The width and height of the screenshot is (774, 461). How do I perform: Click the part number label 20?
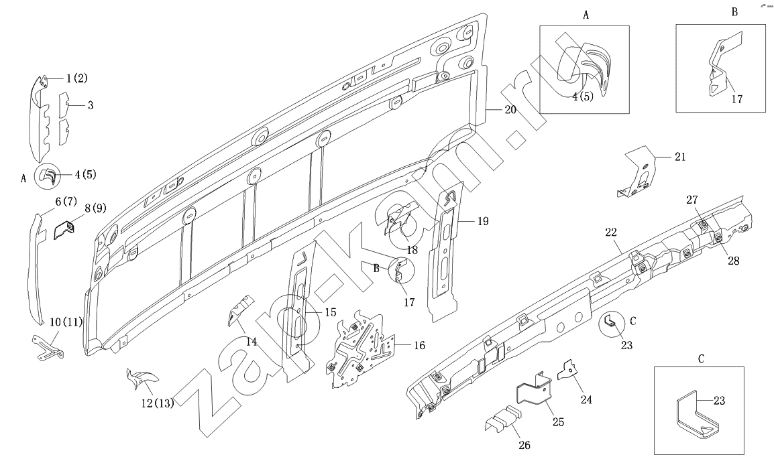[510, 109]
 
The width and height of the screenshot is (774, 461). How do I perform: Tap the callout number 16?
[419, 346]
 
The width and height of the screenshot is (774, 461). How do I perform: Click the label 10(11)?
[66, 322]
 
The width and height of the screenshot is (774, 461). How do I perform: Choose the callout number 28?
[733, 261]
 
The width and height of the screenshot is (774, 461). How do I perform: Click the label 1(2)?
[76, 78]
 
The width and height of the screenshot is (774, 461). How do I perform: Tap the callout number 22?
[610, 232]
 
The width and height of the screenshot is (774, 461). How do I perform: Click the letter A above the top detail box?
[586, 15]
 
